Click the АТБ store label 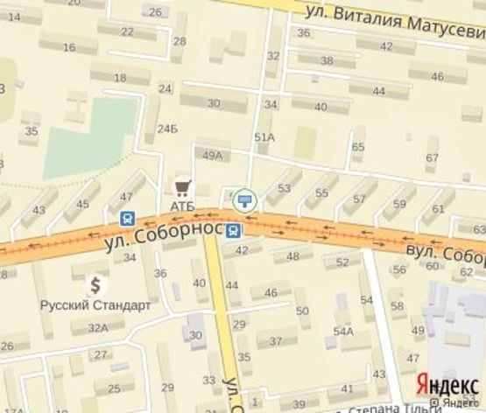182,205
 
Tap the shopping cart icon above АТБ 182,186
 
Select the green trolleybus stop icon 245,200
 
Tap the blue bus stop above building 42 234,231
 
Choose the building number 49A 212,155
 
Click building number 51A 264,137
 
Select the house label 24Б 167,129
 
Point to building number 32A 97,327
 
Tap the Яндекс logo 447,386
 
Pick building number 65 357,146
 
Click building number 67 431,157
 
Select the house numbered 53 284,188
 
